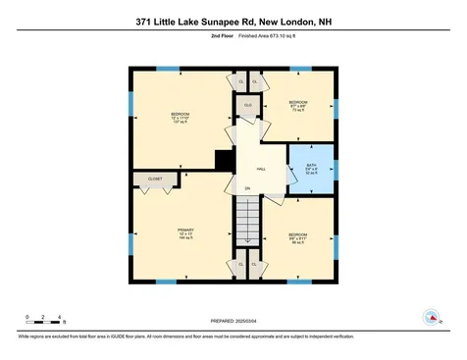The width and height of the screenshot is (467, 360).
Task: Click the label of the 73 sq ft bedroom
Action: (x=298, y=106)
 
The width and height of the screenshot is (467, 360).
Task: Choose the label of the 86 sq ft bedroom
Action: (x=297, y=237)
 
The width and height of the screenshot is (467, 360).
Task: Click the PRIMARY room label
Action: (x=185, y=233)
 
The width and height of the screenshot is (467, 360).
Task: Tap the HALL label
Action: (x=261, y=168)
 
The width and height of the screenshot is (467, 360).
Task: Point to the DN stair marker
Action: (x=247, y=187)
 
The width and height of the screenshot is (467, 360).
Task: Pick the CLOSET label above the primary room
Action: (x=155, y=180)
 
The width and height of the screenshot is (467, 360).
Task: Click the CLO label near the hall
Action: (x=248, y=104)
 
